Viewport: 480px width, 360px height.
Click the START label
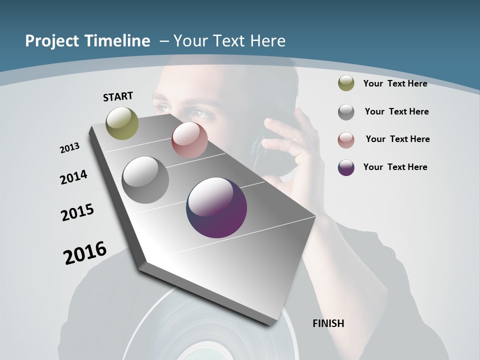(118, 96)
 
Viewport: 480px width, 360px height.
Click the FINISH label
(328, 323)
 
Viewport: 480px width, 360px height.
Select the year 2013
(69, 148)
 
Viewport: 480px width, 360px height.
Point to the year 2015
(77, 213)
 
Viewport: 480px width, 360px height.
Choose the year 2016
(85, 253)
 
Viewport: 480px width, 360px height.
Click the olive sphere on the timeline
(122, 123)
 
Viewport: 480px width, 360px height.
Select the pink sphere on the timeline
(189, 140)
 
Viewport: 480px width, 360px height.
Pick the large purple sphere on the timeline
(216, 207)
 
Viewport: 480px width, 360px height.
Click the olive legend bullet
(346, 83)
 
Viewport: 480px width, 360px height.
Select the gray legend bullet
(346, 112)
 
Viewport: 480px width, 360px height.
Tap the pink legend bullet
(346, 139)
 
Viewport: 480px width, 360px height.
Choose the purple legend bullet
(346, 167)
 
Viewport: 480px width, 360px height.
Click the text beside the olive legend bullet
(395, 83)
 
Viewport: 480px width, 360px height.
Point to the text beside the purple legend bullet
(395, 167)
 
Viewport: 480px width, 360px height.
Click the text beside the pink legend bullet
(397, 139)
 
